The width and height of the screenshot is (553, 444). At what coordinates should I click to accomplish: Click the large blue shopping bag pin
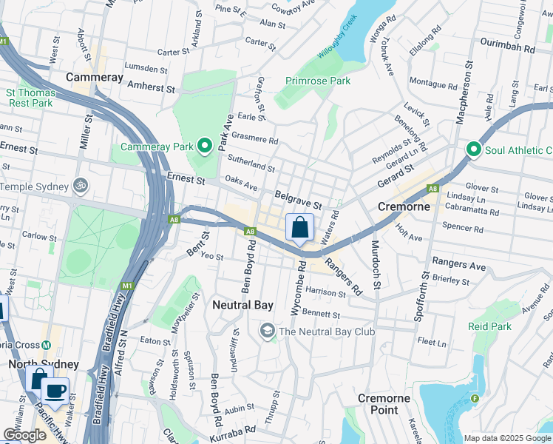pos(299,228)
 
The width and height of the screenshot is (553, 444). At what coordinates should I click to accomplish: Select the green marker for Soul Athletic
pos(473,150)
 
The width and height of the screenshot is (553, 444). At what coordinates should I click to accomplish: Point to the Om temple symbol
pos(79,186)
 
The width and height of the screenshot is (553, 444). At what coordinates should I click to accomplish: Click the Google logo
pos(24,435)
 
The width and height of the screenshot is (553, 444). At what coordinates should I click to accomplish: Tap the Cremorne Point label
pos(384,404)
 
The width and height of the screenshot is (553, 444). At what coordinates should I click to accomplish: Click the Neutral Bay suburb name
pos(242,305)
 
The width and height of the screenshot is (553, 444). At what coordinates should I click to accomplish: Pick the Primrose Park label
pos(318,81)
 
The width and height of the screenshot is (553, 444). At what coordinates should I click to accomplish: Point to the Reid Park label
pos(489,326)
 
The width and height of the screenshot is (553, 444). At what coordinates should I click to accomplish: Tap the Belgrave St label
pos(298,200)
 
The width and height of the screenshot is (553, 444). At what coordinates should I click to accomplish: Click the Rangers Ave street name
pos(459,265)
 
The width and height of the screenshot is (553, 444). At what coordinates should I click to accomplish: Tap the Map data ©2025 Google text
pos(506,438)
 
